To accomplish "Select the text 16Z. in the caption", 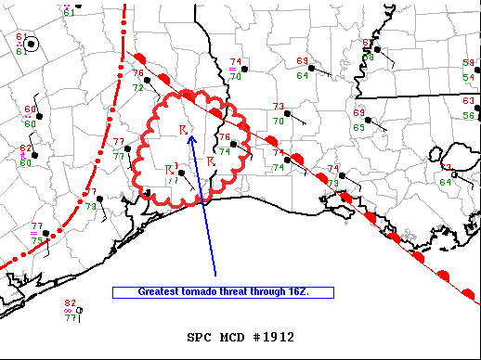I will coord(297,291).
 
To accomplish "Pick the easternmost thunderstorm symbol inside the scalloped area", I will coord(212,161).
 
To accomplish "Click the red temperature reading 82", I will coord(70,303).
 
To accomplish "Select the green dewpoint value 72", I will coord(137,88).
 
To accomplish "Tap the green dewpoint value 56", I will coord(469,115).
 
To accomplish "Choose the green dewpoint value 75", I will coord(37,241).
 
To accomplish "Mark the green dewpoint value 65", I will coord(358,127).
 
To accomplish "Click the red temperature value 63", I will coord(469,100).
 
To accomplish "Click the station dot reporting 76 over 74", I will coord(235,144).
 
